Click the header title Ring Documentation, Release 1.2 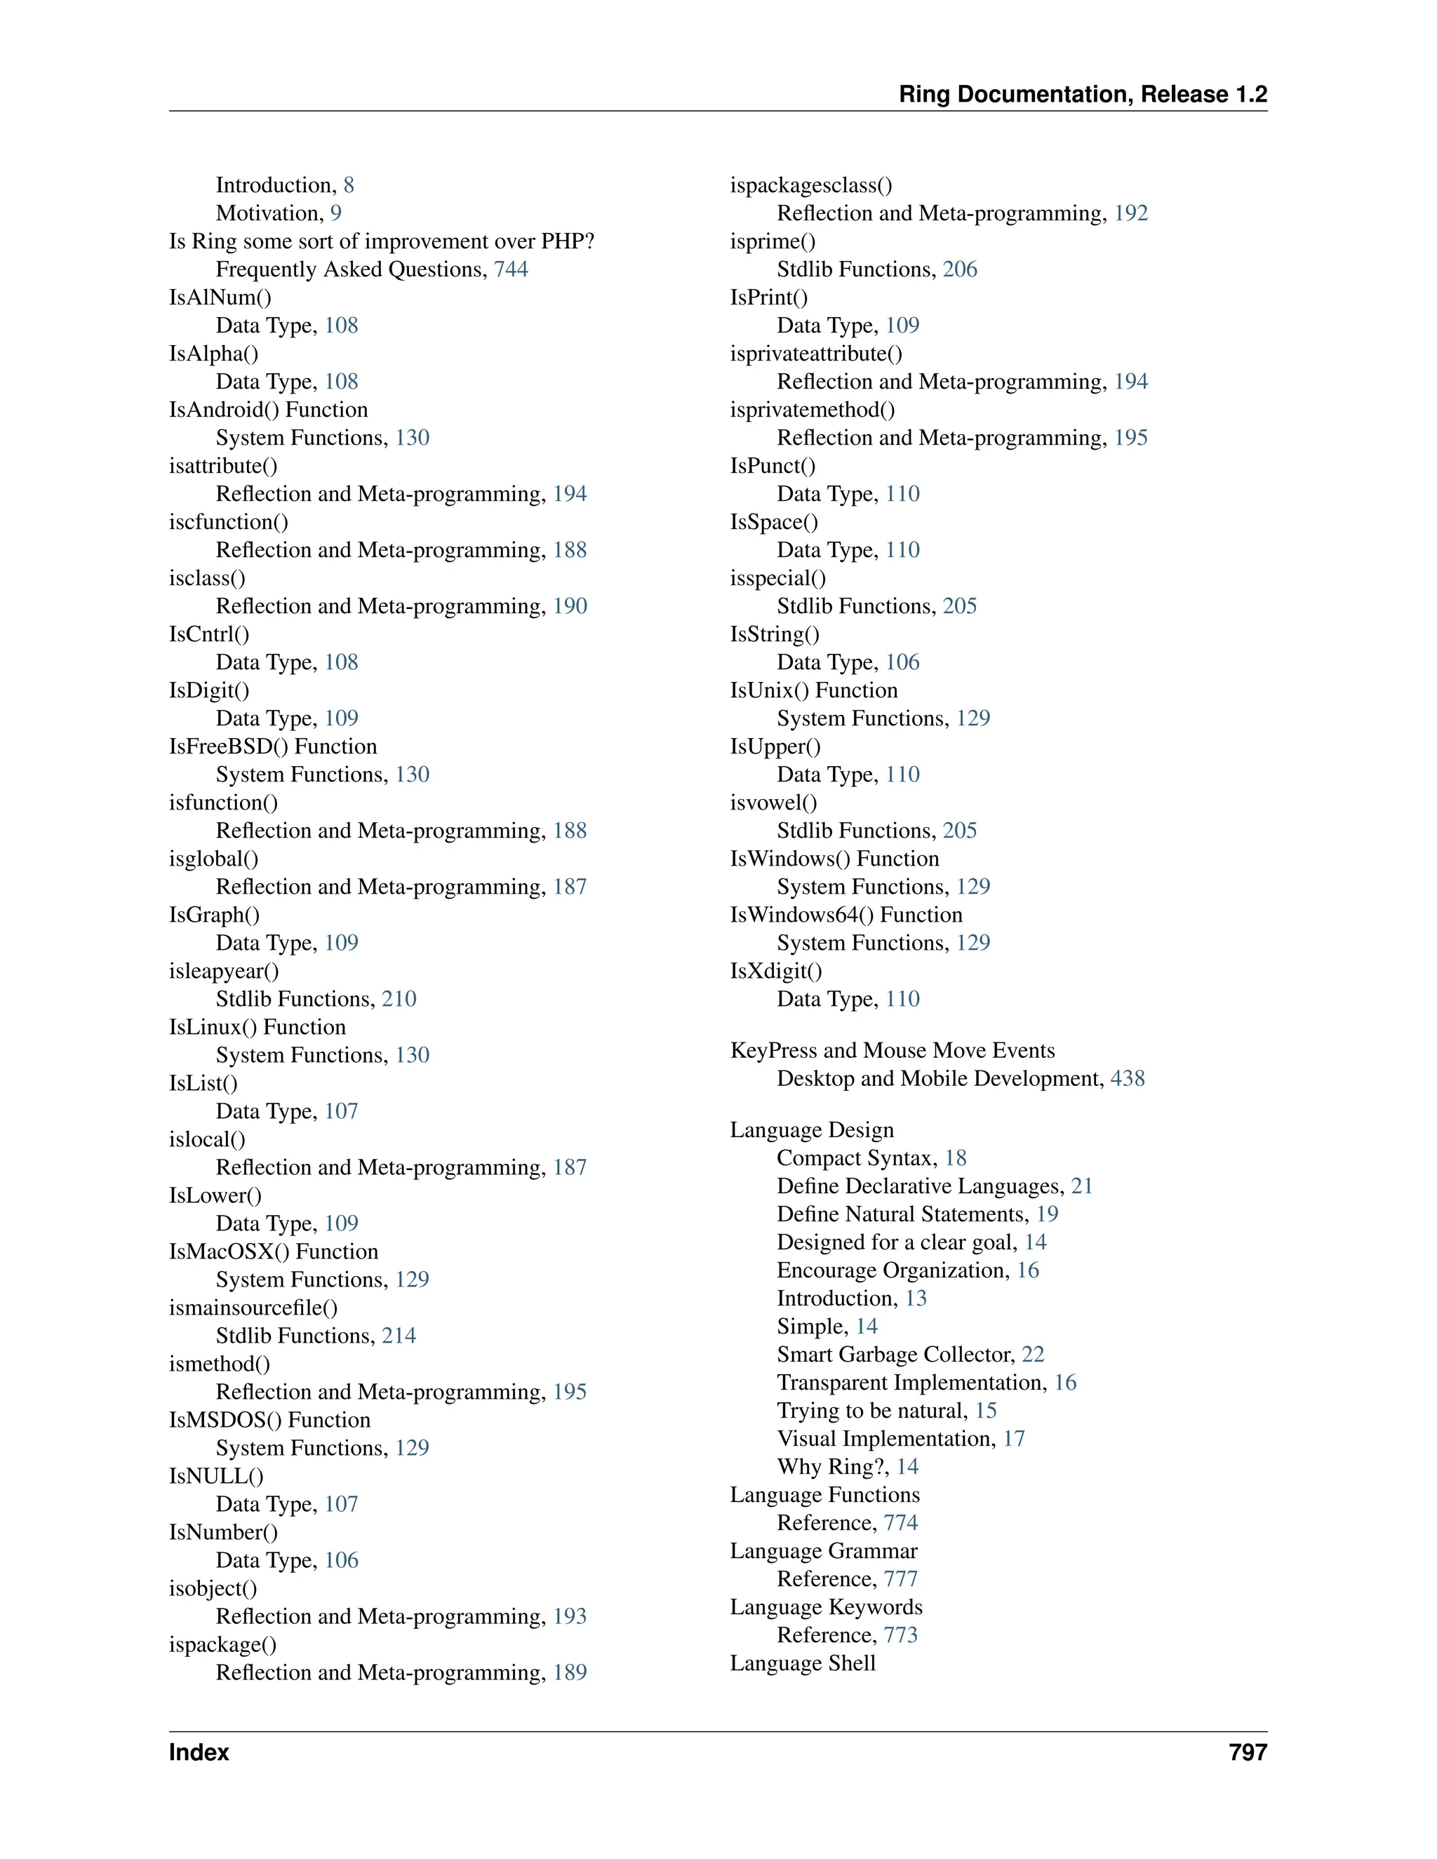1082,95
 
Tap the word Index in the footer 199,1752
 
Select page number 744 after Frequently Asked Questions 511,270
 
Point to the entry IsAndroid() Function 268,410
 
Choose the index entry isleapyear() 224,971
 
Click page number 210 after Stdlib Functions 399,999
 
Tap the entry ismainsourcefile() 253,1308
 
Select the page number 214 399,1336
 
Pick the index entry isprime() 772,242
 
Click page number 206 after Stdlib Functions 959,270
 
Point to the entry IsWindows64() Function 846,915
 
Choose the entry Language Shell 802,1663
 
